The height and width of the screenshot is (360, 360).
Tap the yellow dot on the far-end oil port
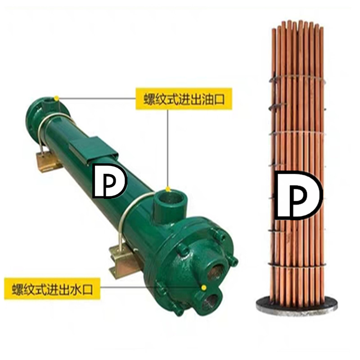tap(56, 98)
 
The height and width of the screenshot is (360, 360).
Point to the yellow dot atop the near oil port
tap(167, 189)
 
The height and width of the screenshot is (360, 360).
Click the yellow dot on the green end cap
tap(204, 287)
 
